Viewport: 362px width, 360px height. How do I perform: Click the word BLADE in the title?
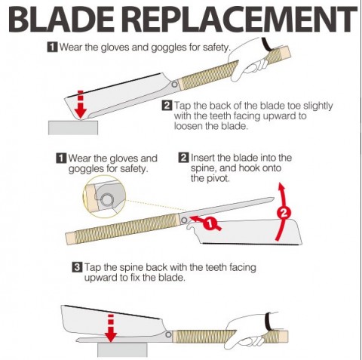tap(61, 19)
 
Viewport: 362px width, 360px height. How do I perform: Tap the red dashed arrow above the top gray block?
tap(81, 104)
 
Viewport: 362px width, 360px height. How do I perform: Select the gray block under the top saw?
tap(73, 128)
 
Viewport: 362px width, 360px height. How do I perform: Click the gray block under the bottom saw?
tap(122, 350)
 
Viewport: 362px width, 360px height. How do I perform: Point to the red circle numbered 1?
tap(210, 224)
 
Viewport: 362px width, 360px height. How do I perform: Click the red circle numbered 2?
tap(284, 214)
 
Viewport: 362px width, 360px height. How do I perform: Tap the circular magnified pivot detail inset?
tap(104, 196)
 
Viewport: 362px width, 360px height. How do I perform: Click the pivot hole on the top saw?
tap(174, 85)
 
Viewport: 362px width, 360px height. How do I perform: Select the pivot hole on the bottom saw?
tap(168, 334)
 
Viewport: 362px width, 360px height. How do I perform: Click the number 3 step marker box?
tap(77, 267)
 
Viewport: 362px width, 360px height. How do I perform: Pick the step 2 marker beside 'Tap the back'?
tap(167, 106)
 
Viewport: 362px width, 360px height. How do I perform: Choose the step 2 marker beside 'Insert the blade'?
tap(183, 158)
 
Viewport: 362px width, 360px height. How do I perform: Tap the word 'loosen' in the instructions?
tap(188, 126)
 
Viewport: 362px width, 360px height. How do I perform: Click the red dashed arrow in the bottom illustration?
tap(111, 328)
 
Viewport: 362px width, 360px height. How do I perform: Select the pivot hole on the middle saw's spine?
tap(184, 220)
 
